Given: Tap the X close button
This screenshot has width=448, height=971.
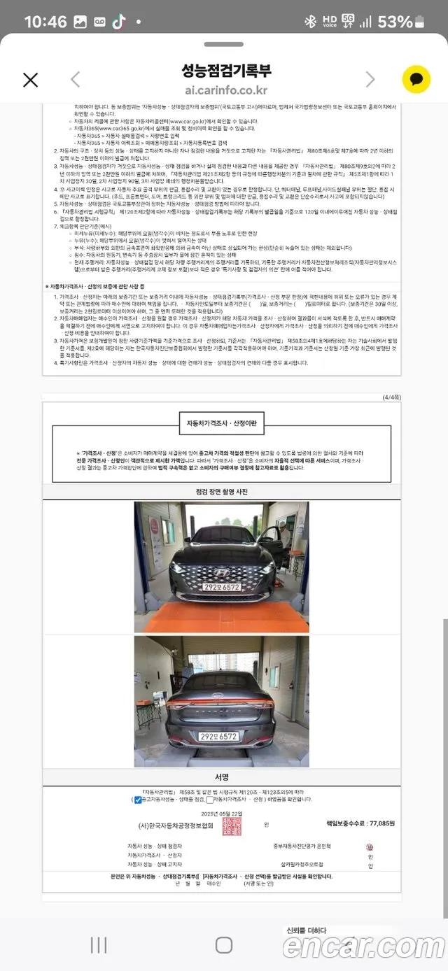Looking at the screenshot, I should (x=30, y=80).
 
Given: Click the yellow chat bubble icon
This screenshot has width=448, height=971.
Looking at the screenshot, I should (x=416, y=80).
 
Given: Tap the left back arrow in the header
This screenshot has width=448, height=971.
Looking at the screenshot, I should (x=76, y=80).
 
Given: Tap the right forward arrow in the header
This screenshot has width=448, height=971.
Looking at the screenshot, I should (x=371, y=80).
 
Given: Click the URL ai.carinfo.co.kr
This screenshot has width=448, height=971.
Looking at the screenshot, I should (x=226, y=90).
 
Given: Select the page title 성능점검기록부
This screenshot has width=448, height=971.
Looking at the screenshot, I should (x=226, y=71).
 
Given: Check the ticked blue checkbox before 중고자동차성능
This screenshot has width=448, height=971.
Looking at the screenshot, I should (x=138, y=800).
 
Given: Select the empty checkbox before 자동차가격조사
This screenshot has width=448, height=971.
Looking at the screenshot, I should (x=210, y=800).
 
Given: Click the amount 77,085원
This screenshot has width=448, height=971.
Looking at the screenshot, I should (x=380, y=823).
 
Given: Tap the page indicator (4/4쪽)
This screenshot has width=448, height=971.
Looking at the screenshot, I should (x=391, y=397).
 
